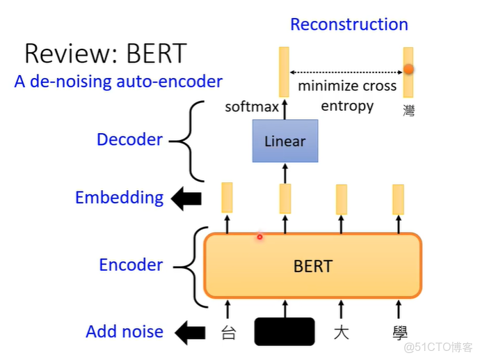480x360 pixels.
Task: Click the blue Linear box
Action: [285, 141]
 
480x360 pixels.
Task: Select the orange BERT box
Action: [312, 265]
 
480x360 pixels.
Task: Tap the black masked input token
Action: [285, 331]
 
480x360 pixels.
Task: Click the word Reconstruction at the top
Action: [349, 24]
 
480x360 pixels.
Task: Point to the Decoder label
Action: [129, 139]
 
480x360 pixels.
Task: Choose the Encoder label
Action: [131, 265]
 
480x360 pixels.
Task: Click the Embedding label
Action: [119, 198]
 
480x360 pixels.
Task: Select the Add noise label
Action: [125, 331]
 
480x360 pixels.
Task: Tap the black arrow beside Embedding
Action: [186, 199]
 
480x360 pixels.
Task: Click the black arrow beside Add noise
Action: [189, 333]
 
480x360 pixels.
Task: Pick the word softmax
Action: [251, 107]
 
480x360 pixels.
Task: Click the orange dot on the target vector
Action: [409, 70]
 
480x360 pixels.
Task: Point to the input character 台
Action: [228, 332]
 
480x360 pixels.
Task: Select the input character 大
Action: [341, 332]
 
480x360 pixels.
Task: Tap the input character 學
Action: [399, 332]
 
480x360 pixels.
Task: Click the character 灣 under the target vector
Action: [408, 110]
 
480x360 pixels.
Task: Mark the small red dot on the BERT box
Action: [259, 237]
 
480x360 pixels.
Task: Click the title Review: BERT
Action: [105, 54]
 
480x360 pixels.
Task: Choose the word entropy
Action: [347, 107]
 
